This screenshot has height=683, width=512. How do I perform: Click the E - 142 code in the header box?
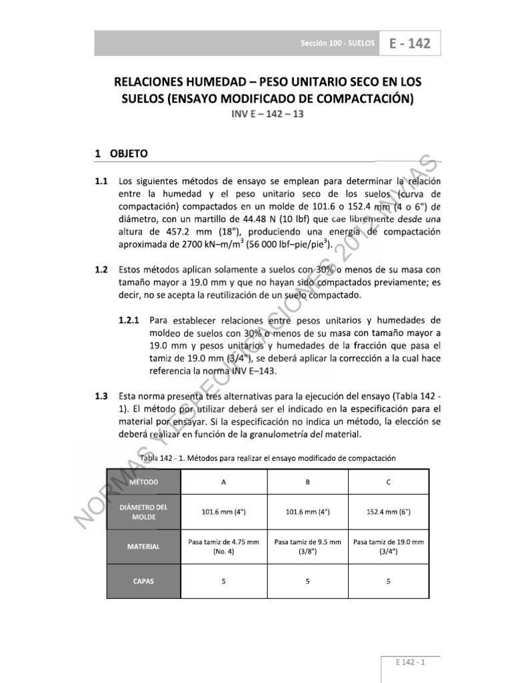tap(410, 44)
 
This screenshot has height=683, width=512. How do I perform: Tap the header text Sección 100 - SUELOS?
tap(338, 45)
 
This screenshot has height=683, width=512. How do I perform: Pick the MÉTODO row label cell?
tap(144, 482)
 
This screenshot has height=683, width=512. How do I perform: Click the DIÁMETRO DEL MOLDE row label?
tap(144, 512)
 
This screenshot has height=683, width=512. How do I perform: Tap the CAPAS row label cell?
tap(144, 581)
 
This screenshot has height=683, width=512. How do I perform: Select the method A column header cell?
tap(223, 482)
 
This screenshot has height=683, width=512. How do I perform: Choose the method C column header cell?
tap(389, 482)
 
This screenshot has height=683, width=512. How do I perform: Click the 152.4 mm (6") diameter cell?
tap(389, 512)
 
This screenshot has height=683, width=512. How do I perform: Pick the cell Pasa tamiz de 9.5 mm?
tap(307, 546)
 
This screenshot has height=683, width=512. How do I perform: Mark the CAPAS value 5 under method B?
tap(307, 581)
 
